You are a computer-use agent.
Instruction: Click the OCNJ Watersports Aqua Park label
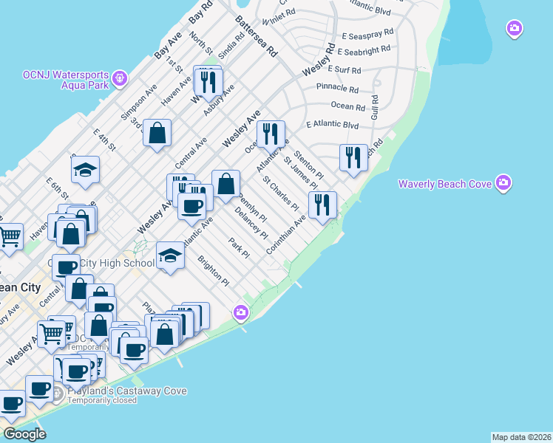point(65,80)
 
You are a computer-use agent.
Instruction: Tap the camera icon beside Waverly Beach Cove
point(503,182)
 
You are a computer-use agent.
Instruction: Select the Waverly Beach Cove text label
point(445,184)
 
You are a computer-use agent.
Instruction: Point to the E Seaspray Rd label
point(365,35)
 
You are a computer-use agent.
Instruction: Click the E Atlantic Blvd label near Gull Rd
point(332,126)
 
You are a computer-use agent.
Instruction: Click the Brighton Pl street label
point(214,271)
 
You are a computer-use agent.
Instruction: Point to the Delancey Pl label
point(251,222)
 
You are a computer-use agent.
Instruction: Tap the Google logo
point(25,434)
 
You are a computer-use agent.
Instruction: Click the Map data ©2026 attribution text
point(521,437)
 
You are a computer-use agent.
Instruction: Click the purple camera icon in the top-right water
point(515,29)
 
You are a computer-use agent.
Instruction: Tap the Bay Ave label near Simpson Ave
point(168,46)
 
